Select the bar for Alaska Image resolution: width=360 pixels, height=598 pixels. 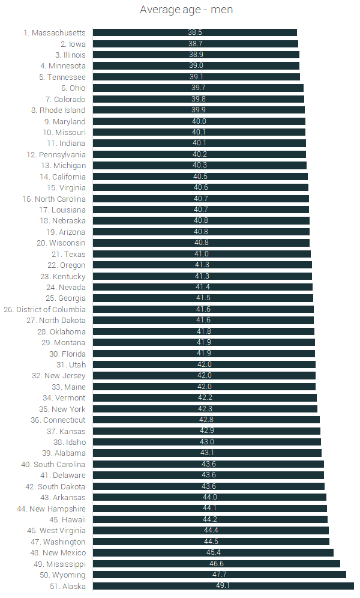coord(223,586)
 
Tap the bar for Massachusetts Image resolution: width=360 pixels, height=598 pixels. coord(195,32)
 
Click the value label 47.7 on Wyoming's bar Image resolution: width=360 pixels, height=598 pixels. coord(220,575)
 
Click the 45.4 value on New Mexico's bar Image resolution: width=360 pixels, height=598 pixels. coord(213,553)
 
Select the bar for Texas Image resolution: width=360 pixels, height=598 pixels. coord(202,254)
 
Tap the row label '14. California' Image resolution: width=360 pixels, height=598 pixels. coord(62,177)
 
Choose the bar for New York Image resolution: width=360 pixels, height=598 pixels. coord(205,409)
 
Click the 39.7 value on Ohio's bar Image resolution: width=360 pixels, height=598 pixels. coord(199,88)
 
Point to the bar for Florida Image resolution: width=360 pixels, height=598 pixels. coord(204,354)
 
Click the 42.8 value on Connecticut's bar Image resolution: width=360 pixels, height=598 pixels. coord(206,420)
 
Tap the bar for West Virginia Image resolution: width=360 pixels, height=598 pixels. coord(211,531)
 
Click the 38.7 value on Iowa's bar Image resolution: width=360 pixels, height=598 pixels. coord(196,44)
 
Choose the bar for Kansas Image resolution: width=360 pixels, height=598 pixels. coord(206,431)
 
